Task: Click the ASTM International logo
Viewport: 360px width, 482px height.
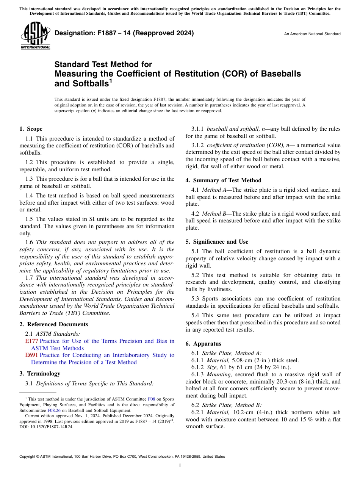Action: tap(35, 36)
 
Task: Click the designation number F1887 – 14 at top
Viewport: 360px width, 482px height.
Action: tap(124, 33)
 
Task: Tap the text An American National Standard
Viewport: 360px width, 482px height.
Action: tap(312, 34)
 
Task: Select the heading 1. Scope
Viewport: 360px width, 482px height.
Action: tap(31, 129)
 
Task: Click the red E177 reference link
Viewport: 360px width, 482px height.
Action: tap(31, 341)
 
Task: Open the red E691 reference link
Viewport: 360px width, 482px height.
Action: tap(31, 355)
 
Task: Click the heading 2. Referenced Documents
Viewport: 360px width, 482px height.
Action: tap(54, 324)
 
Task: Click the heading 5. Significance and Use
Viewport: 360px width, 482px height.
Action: tap(217, 242)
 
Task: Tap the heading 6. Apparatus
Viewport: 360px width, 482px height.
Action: tap(203, 344)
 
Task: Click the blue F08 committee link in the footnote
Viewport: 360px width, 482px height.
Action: tap(151, 399)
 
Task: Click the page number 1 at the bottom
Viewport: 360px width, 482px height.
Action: tap(180, 466)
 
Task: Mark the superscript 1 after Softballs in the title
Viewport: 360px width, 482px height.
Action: tap(111, 80)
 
